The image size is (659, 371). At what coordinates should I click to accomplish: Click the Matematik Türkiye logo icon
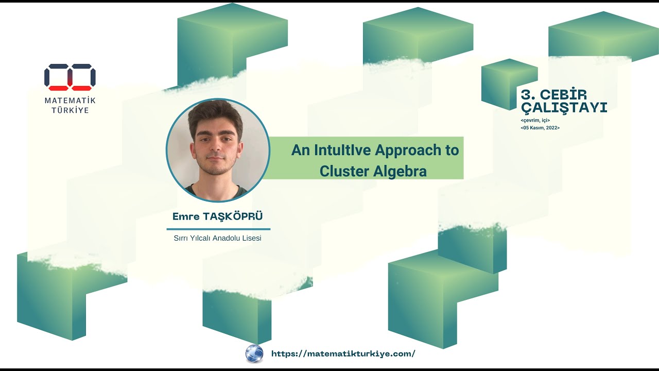pos(70,77)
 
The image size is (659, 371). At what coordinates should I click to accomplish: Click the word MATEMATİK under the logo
pos(70,100)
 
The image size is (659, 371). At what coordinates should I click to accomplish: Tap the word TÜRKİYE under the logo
pos(70,110)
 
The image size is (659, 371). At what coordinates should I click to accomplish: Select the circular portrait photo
pos(218,150)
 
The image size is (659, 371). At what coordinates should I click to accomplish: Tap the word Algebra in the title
pos(400,171)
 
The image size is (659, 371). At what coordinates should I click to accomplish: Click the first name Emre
pos(186,216)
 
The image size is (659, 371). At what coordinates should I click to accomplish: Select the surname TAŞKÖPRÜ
pos(233,216)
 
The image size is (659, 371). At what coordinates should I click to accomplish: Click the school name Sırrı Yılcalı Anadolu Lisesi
pos(218,238)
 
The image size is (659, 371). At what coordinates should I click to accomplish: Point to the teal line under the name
pos(218,229)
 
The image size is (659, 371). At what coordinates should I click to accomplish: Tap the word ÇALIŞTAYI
pos(564,108)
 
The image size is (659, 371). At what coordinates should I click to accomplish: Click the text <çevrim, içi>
pos(535,120)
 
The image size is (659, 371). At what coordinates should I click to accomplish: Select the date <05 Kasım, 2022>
pos(540,127)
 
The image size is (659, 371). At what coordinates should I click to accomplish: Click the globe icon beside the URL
pos(254,353)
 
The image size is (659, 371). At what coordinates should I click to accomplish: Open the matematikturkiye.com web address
pos(343,353)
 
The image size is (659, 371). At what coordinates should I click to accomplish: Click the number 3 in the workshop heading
pos(526,95)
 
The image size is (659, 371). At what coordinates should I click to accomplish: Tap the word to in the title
pos(452,150)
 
